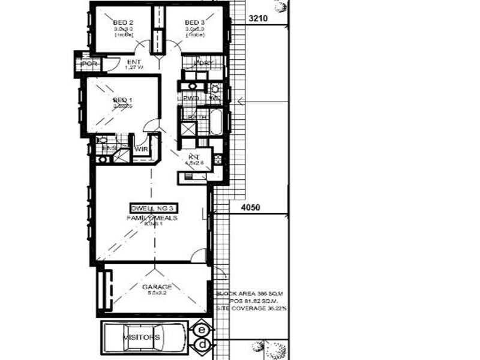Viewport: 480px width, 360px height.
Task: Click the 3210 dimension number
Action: point(257,19)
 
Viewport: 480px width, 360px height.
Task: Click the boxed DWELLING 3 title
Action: point(154,208)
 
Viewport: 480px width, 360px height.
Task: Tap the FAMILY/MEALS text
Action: point(152,218)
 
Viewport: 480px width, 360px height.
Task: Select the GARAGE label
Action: point(156,287)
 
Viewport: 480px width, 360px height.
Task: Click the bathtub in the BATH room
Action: point(216,122)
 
